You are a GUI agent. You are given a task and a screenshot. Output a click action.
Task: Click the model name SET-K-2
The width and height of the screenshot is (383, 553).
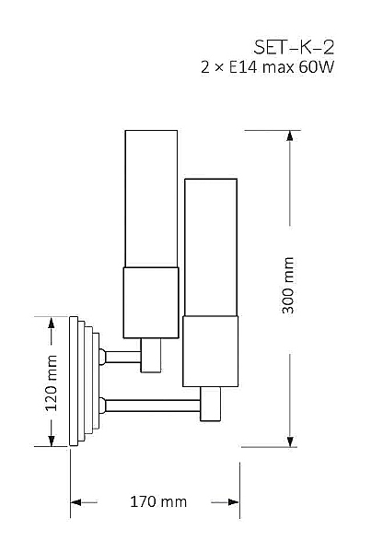pyautogui.click(x=294, y=47)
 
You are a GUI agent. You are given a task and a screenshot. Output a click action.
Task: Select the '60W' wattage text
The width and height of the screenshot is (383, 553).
pyautogui.click(x=316, y=67)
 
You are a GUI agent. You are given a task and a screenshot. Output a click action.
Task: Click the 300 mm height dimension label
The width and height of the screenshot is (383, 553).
pyautogui.click(x=288, y=285)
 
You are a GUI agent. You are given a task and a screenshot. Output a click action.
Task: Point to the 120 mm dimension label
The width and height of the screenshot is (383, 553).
pyautogui.click(x=51, y=383)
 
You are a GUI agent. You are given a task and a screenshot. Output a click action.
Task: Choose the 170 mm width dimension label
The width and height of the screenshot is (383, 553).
pyautogui.click(x=158, y=501)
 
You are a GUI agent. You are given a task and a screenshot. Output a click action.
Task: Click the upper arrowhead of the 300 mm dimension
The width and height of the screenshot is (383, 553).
pyautogui.click(x=290, y=136)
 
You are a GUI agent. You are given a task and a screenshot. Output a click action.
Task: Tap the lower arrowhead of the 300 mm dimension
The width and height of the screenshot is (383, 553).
pyautogui.click(x=290, y=441)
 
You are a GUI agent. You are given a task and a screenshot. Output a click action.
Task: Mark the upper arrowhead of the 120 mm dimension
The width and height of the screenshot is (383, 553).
pyautogui.click(x=52, y=323)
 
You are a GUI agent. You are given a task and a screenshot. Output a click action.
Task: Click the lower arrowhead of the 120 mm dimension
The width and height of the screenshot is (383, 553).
pyautogui.click(x=52, y=441)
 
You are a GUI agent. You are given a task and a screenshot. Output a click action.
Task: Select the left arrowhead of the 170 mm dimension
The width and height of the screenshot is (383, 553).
pyautogui.click(x=76, y=502)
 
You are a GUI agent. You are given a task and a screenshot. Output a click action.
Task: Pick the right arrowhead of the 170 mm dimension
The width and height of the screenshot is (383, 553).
pyautogui.click(x=234, y=502)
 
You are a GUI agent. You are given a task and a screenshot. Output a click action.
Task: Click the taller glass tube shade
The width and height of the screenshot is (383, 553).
pyautogui.click(x=151, y=198)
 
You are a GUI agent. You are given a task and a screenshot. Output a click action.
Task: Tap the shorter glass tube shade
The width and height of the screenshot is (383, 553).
pyautogui.click(x=211, y=247)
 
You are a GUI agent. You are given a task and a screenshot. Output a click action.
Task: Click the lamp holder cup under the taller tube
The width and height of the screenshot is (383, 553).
pyautogui.click(x=151, y=302)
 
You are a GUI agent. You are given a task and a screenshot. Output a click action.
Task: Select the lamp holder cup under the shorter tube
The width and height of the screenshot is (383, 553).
pyautogui.click(x=210, y=351)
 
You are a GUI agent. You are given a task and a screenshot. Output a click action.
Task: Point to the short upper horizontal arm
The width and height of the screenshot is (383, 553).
pyautogui.click(x=123, y=357)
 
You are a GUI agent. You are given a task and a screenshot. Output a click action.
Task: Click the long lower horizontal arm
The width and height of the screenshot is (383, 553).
pyautogui.click(x=153, y=406)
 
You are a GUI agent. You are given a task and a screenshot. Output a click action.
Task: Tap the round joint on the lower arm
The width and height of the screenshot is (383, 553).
pyautogui.click(x=102, y=406)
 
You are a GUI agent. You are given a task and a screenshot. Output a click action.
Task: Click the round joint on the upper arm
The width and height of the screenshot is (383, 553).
pyautogui.click(x=102, y=357)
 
